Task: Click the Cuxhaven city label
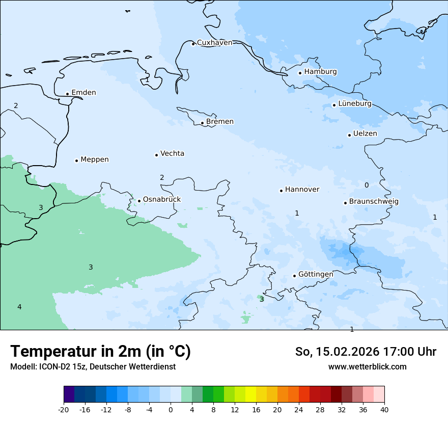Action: [214, 43]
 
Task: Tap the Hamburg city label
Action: [320, 72]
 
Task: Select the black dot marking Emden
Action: [67, 94]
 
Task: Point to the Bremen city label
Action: [220, 122]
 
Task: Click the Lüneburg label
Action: [354, 104]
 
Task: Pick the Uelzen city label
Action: [365, 134]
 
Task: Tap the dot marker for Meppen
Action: [76, 161]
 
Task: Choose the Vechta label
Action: [172, 153]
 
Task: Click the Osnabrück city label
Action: [161, 200]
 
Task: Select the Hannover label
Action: [302, 190]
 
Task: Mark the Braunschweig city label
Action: [374, 202]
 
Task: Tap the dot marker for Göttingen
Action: [294, 276]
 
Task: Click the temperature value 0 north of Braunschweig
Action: [367, 185]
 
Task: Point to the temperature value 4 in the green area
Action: [19, 307]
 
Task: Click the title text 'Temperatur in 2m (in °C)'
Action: [100, 352]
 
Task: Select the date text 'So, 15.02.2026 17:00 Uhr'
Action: [366, 352]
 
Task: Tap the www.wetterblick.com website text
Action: [367, 366]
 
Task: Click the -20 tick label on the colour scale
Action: [64, 410]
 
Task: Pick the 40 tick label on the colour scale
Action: [384, 410]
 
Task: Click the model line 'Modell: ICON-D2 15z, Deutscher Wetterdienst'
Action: [93, 367]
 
